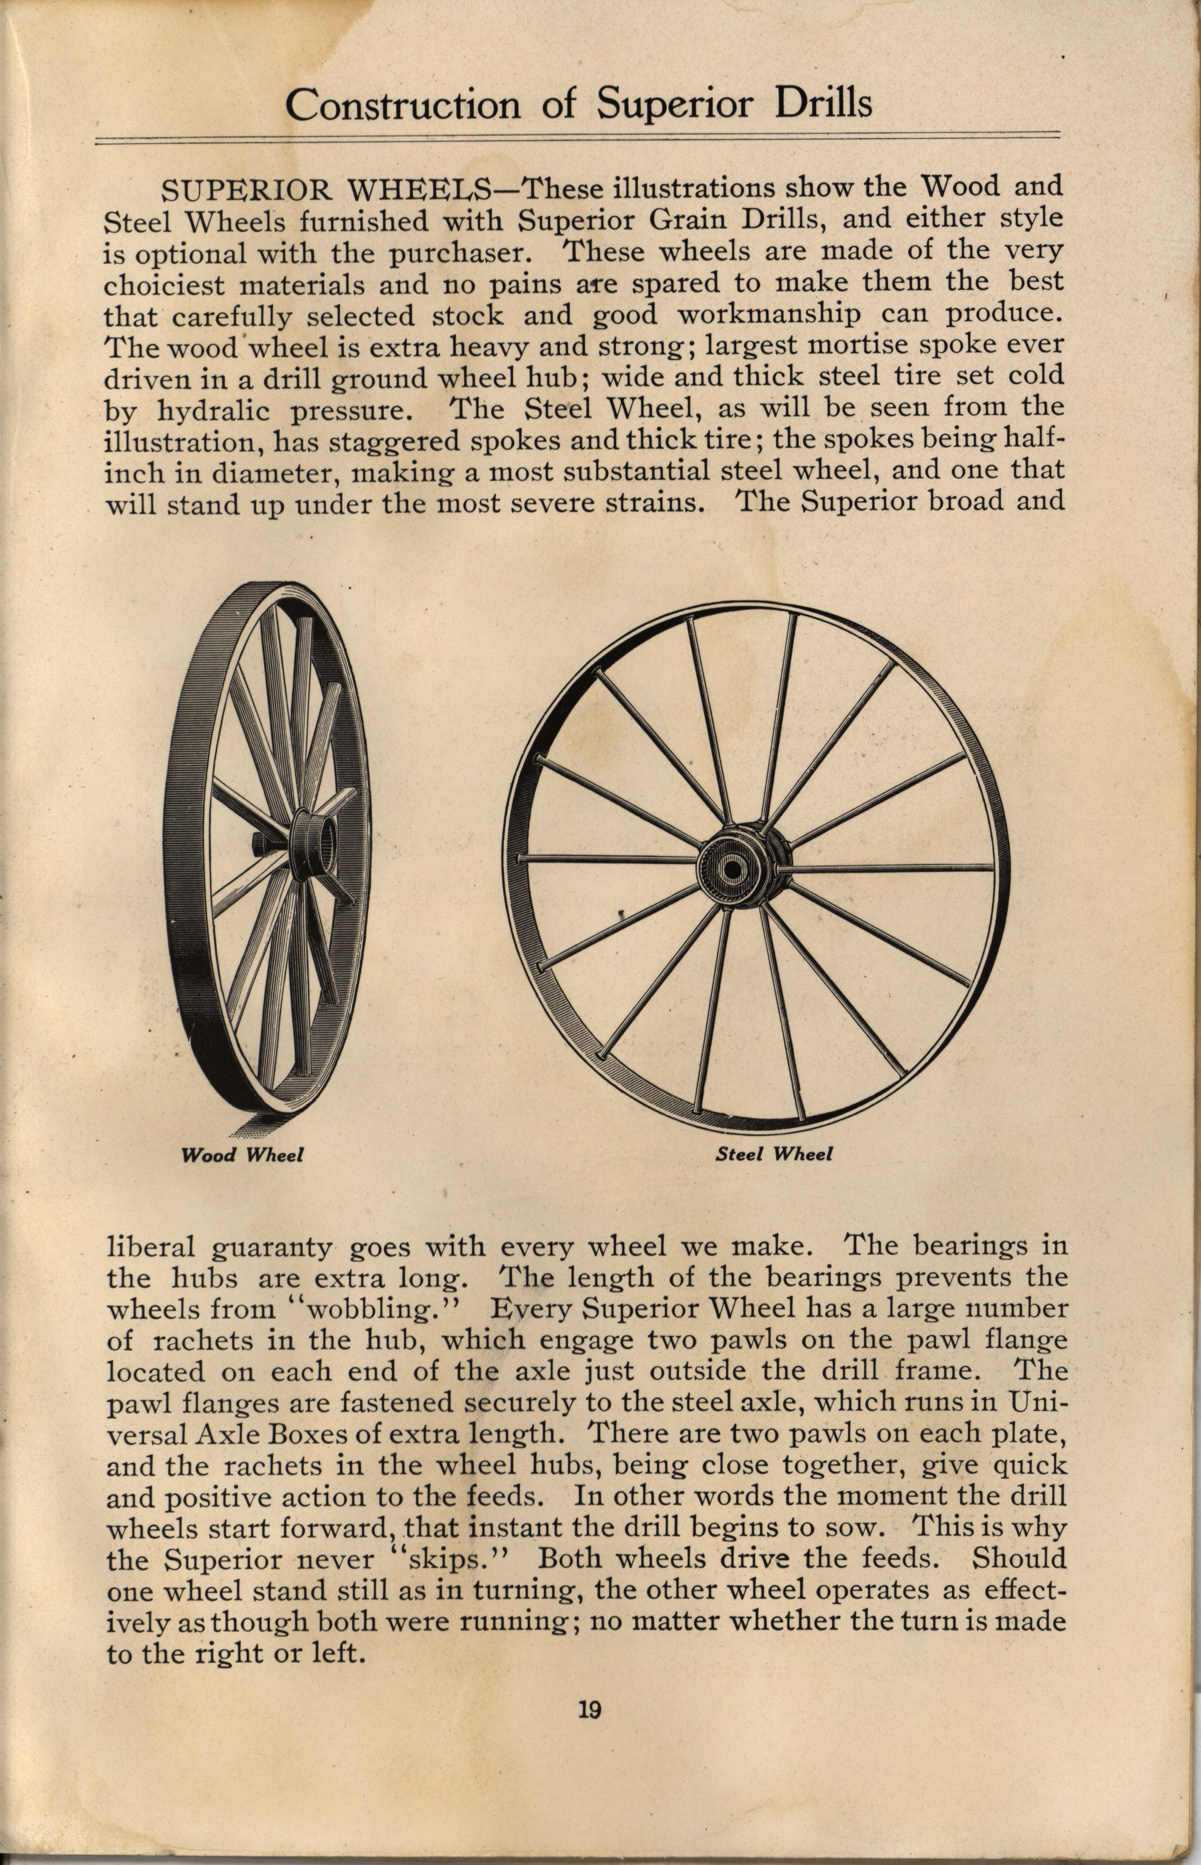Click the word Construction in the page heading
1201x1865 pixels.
(x=402, y=105)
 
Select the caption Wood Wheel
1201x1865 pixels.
(x=242, y=1155)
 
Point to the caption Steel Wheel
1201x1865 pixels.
(x=773, y=1154)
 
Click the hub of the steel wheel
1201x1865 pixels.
(x=733, y=867)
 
